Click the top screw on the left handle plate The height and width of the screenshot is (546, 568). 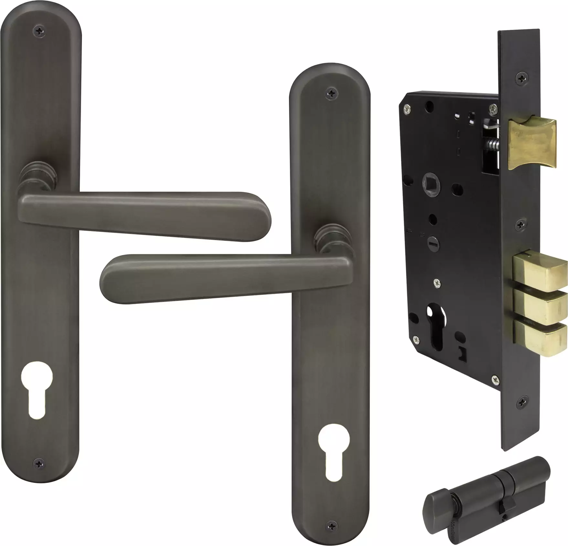tap(40, 30)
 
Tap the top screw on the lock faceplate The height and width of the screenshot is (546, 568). tap(521, 77)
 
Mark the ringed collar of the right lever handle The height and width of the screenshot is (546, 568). tap(328, 240)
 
